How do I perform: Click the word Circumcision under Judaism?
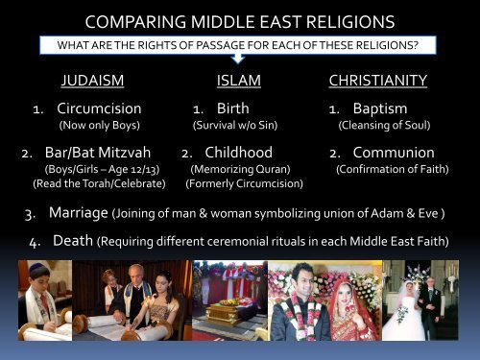(99, 108)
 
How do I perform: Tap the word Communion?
(393, 153)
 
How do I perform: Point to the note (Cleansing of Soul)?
(382, 125)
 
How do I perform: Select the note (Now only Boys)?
(99, 125)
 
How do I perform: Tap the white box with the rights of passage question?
(240, 44)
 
